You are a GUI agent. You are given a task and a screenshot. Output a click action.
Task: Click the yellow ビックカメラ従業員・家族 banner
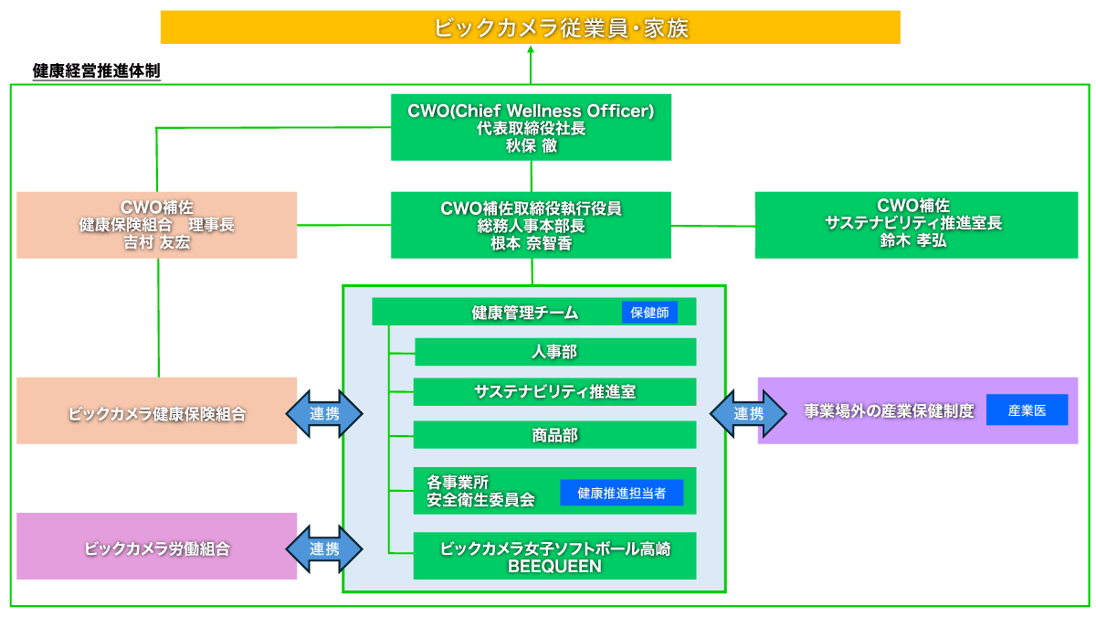coord(530,27)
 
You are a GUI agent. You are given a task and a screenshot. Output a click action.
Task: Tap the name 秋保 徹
coord(531,144)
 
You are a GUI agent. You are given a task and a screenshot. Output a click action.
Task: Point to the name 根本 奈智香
coord(531,242)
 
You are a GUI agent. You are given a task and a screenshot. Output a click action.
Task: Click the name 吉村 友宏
coord(157,242)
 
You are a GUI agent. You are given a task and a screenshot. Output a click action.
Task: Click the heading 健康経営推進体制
coord(96,70)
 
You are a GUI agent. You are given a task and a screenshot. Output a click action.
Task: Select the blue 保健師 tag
coord(649,313)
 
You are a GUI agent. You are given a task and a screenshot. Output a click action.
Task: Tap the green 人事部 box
coord(554,352)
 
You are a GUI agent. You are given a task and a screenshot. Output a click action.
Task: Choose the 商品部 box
coord(554,435)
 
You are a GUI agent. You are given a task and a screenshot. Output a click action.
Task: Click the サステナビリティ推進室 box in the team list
coord(554,392)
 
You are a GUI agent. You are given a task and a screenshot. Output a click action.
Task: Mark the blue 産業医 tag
coord(1027,411)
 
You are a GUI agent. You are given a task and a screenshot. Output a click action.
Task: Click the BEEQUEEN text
coord(554,567)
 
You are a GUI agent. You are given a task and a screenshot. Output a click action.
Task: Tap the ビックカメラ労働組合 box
coord(157,549)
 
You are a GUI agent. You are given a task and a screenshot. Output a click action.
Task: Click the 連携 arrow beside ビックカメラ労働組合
coord(324,549)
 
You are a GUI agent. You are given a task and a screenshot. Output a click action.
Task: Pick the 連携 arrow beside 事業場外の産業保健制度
coord(748,413)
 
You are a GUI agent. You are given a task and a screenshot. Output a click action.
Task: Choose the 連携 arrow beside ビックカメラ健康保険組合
coord(324,413)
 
